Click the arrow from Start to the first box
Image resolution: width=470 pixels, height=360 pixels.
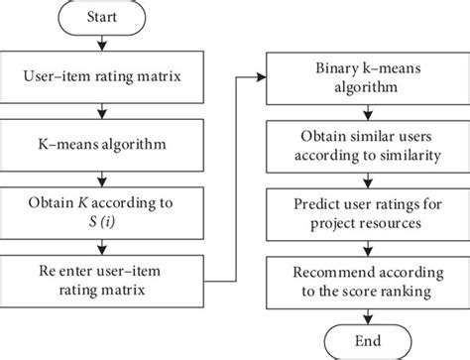tap(104, 46)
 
